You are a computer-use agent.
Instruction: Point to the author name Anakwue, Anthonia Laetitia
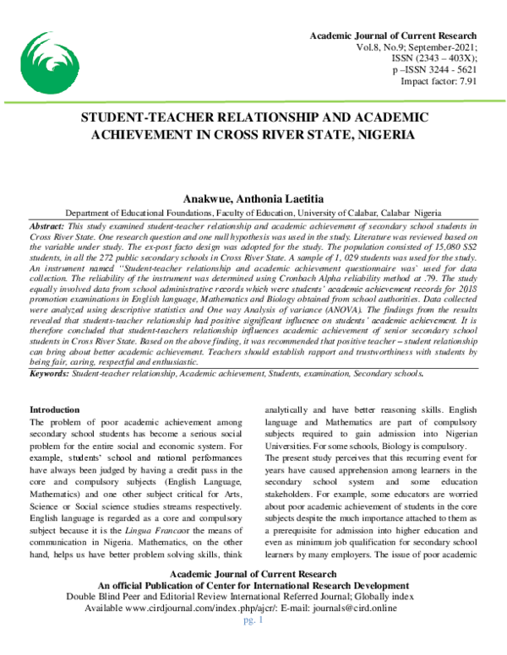point(253,197)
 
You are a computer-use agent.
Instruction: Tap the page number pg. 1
point(253,642)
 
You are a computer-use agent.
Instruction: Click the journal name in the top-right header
point(394,36)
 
